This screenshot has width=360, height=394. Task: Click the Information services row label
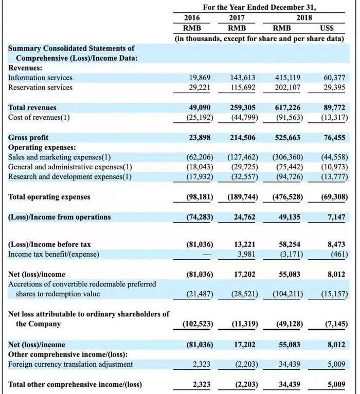tap(40, 78)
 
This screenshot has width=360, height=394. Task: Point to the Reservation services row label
tap(40, 87)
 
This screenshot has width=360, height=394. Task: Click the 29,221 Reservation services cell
tap(200, 87)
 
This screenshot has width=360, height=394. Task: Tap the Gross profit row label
tap(28, 138)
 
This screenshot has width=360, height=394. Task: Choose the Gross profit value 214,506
tap(242, 138)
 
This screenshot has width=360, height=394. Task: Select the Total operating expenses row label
tap(49, 197)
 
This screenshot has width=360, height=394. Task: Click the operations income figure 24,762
tap(244, 217)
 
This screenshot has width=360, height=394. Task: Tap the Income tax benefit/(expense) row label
tap(53, 255)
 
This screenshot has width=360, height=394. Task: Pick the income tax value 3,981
tap(246, 255)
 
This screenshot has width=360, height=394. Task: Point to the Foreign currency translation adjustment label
tap(70, 364)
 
